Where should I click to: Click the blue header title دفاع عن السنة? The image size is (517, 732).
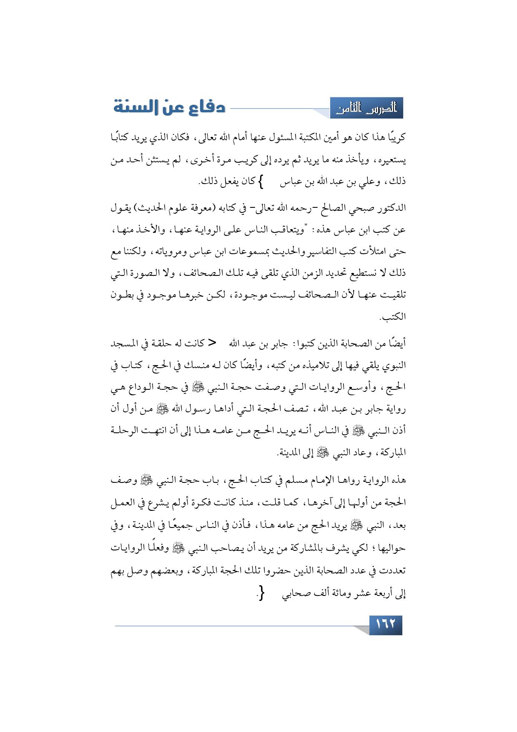169,107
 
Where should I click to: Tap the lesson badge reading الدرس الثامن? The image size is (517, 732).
366,109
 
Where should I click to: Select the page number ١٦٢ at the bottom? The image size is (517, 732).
386,625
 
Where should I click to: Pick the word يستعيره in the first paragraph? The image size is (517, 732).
391,159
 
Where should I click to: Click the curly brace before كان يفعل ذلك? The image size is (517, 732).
260,182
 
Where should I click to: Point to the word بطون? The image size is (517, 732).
121,295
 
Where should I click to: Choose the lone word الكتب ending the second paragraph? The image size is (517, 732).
393,317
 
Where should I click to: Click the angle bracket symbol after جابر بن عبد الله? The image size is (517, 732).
212,343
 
